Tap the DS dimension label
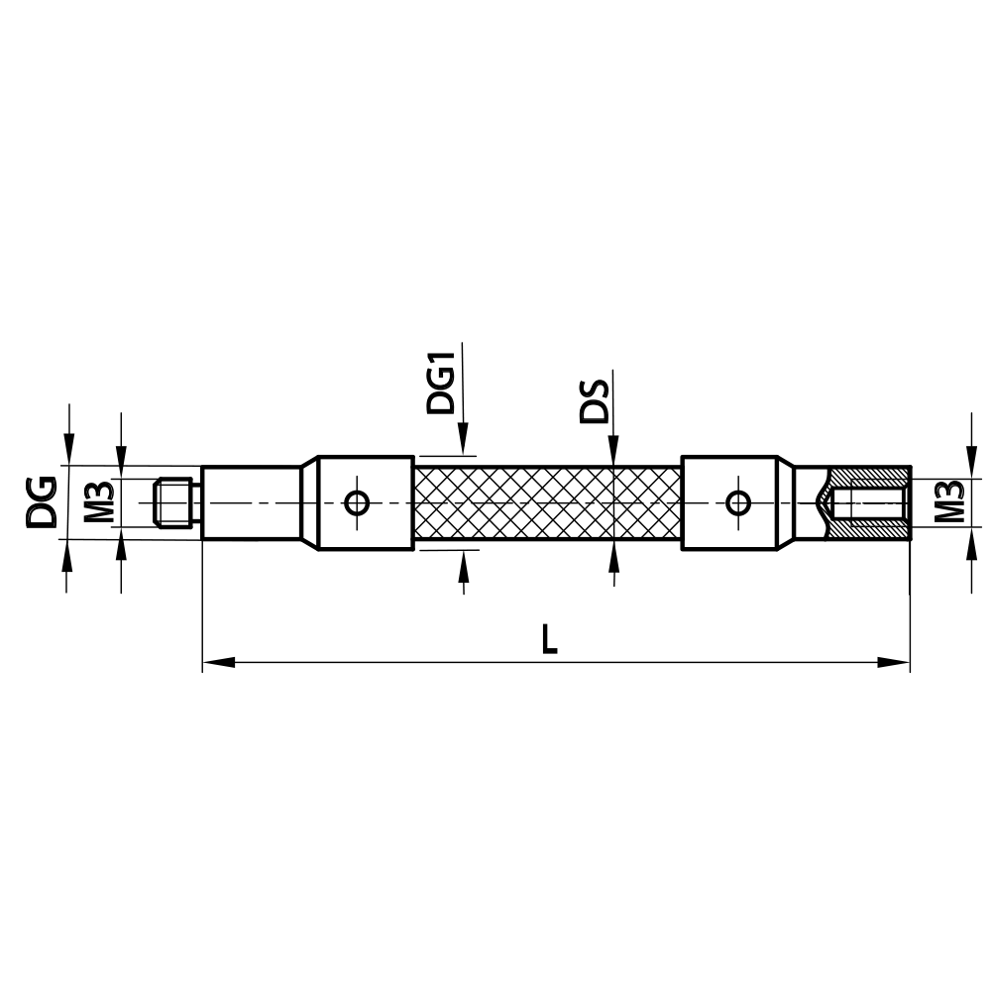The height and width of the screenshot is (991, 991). pyautogui.click(x=595, y=398)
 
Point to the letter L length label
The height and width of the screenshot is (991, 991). pyautogui.click(x=549, y=639)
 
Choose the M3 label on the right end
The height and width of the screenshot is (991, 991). pyautogui.click(x=949, y=502)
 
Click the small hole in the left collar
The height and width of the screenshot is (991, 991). pyautogui.click(x=357, y=502)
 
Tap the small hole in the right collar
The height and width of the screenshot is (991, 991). pyautogui.click(x=737, y=502)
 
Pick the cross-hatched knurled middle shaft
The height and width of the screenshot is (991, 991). pyautogui.click(x=547, y=502)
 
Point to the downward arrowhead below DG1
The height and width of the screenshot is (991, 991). pyautogui.click(x=463, y=441)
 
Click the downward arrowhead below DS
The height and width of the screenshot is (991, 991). pyautogui.click(x=613, y=451)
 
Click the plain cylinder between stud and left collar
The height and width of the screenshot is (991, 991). pyautogui.click(x=252, y=502)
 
